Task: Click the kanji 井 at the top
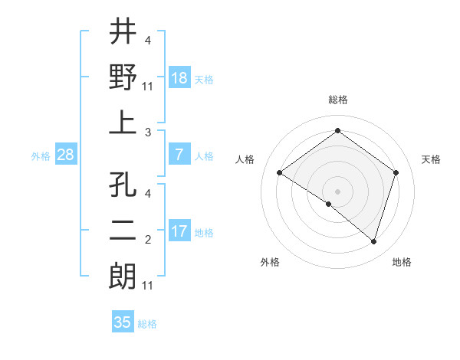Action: pyautogui.click(x=123, y=32)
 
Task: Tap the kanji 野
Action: pyautogui.click(x=123, y=77)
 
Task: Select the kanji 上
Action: pyautogui.click(x=123, y=123)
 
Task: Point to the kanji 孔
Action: pyautogui.click(x=123, y=185)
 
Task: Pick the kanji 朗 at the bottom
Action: pyautogui.click(x=123, y=275)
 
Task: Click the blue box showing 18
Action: pyautogui.click(x=179, y=77)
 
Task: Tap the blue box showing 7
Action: pyautogui.click(x=179, y=155)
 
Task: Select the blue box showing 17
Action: pyautogui.click(x=179, y=231)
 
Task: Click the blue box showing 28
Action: pyautogui.click(x=66, y=155)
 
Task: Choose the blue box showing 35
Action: pyautogui.click(x=123, y=322)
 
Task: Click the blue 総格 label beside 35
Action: pyautogui.click(x=147, y=324)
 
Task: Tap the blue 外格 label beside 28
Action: pyautogui.click(x=41, y=156)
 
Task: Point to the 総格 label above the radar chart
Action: pyautogui.click(x=337, y=100)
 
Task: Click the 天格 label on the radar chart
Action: pyautogui.click(x=431, y=159)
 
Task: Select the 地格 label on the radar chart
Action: pyautogui.click(x=402, y=262)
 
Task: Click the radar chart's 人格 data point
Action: pyautogui.click(x=280, y=173)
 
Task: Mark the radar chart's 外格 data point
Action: pyautogui.click(x=329, y=204)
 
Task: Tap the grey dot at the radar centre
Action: pyautogui.click(x=337, y=191)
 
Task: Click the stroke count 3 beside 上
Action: pyautogui.click(x=147, y=133)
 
